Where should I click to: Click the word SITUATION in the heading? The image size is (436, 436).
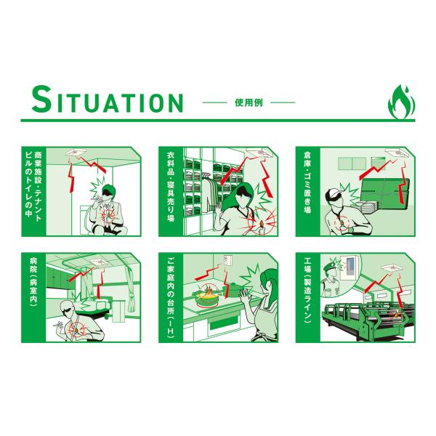pyautogui.click(x=108, y=100)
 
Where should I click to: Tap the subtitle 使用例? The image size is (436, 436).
pyautogui.click(x=249, y=103)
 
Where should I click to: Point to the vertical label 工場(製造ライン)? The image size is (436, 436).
pyautogui.click(x=307, y=290)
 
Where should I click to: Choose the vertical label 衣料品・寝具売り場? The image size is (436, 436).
pyautogui.click(x=171, y=186)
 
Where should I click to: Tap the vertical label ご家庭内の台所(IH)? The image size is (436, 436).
pyautogui.click(x=171, y=297)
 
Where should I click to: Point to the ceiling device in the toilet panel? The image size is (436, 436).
pyautogui.click(x=76, y=152)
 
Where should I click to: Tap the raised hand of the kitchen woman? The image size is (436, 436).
pyautogui.click(x=246, y=296)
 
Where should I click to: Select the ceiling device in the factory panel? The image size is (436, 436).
pyautogui.click(x=392, y=267)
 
